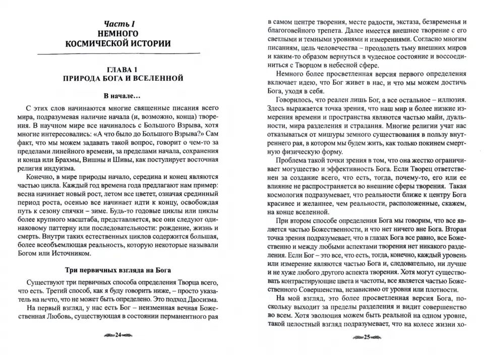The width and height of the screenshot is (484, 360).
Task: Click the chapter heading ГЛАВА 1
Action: coord(118,69)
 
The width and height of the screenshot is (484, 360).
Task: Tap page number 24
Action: coord(118,335)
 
